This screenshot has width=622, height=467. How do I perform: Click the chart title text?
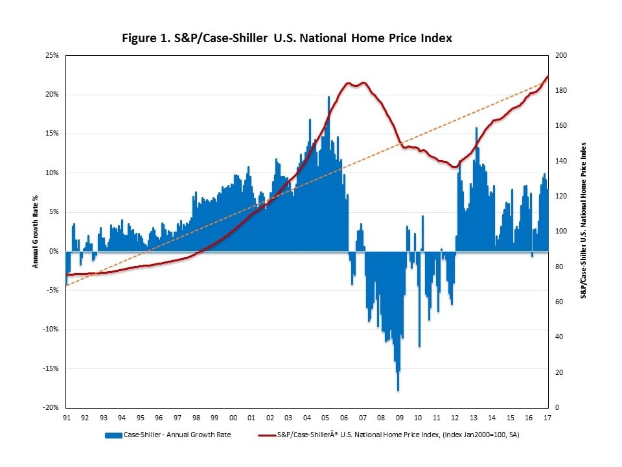click(287, 38)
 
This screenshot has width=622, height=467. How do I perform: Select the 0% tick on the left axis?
click(54, 251)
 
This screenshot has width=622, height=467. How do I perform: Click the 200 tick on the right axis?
click(561, 56)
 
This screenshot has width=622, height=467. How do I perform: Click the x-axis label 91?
click(67, 418)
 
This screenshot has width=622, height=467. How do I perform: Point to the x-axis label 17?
click(548, 418)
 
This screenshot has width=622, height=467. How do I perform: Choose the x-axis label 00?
click(233, 418)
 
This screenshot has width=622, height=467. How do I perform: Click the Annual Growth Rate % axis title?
click(36, 232)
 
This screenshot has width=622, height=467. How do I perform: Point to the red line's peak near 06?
click(349, 83)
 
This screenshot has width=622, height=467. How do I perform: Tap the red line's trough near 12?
click(454, 167)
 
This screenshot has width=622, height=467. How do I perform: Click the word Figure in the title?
click(141, 38)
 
